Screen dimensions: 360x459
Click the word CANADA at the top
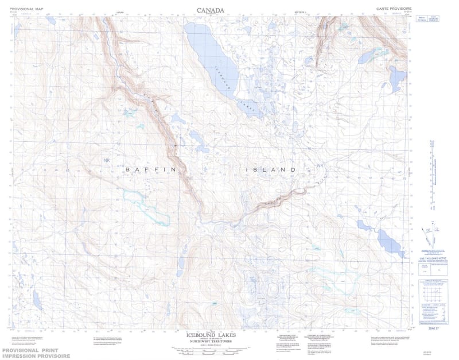(210, 10)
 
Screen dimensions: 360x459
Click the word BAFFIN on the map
(146, 170)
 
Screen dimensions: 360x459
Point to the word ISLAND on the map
(271, 170)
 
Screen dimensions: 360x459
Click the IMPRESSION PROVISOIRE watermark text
(36, 356)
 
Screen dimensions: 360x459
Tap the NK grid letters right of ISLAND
(320, 167)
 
